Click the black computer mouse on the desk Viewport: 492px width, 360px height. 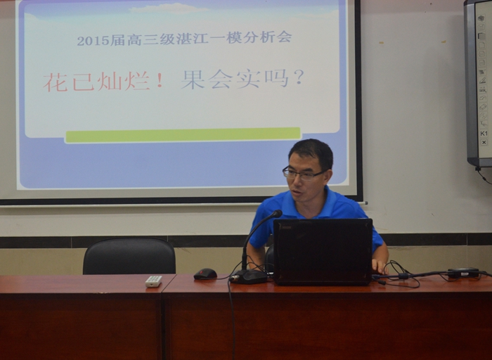click(x=205, y=274)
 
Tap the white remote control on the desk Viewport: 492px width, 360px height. click(x=154, y=281)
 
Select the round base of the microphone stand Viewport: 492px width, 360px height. click(x=249, y=277)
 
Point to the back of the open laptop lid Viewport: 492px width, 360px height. click(x=323, y=252)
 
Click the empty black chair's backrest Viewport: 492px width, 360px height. click(x=129, y=256)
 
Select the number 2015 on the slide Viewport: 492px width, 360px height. click(x=93, y=41)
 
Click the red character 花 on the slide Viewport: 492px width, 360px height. click(x=56, y=83)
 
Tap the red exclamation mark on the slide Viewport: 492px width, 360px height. click(x=160, y=82)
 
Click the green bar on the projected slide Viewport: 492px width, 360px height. click(x=183, y=135)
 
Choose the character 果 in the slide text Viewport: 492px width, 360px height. click(x=193, y=79)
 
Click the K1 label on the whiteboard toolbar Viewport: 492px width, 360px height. click(x=484, y=134)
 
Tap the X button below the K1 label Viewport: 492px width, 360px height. click(x=484, y=142)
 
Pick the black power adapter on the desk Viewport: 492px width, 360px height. click(x=463, y=272)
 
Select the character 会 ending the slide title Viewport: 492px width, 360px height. click(x=284, y=37)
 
